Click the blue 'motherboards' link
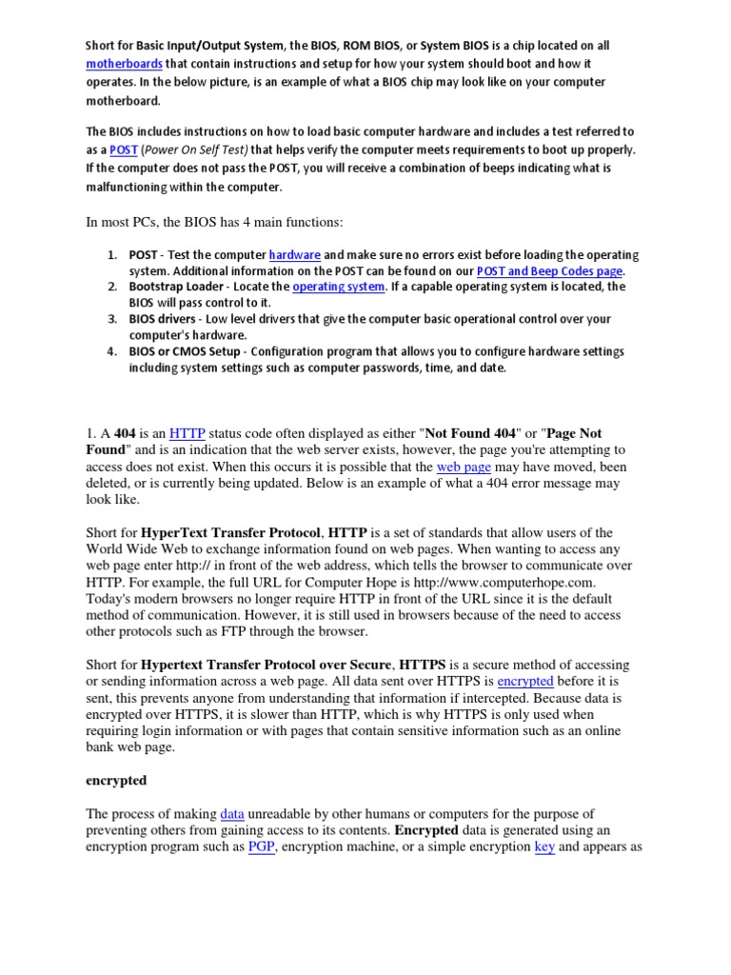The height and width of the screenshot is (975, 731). click(124, 64)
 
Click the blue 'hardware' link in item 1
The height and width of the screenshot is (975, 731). click(294, 255)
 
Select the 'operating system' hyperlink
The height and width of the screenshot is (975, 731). click(339, 287)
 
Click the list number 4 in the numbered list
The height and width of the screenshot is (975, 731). click(111, 351)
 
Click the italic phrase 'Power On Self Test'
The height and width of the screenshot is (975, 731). click(197, 149)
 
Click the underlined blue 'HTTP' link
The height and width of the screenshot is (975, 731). click(187, 432)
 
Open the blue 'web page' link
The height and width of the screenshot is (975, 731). click(460, 467)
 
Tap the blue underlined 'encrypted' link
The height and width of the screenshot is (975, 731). click(524, 681)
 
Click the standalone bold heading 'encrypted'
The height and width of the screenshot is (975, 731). click(116, 780)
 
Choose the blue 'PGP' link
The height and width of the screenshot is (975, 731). click(262, 846)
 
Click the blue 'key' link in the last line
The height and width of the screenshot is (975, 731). click(544, 846)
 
